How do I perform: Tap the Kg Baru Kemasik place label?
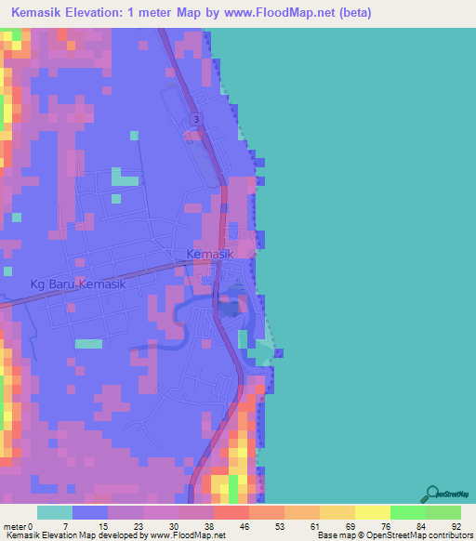click(78, 284)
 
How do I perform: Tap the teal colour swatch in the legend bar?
click(55, 512)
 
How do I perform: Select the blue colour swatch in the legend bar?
click(90, 512)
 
